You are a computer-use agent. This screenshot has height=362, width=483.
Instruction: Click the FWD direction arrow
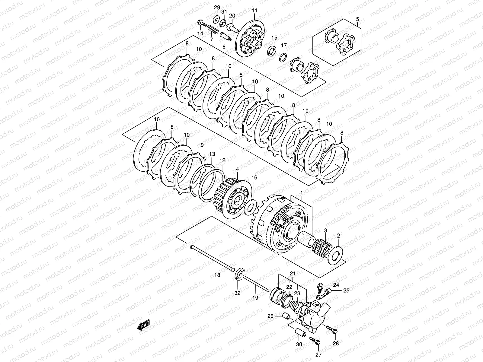point(143,325)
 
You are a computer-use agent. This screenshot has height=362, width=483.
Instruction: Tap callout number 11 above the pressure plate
point(254,11)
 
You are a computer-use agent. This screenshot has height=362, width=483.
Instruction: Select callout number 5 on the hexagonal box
point(358,19)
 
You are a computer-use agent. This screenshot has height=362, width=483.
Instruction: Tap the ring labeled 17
point(283,57)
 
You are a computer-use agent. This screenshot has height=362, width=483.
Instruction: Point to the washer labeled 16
point(250,207)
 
